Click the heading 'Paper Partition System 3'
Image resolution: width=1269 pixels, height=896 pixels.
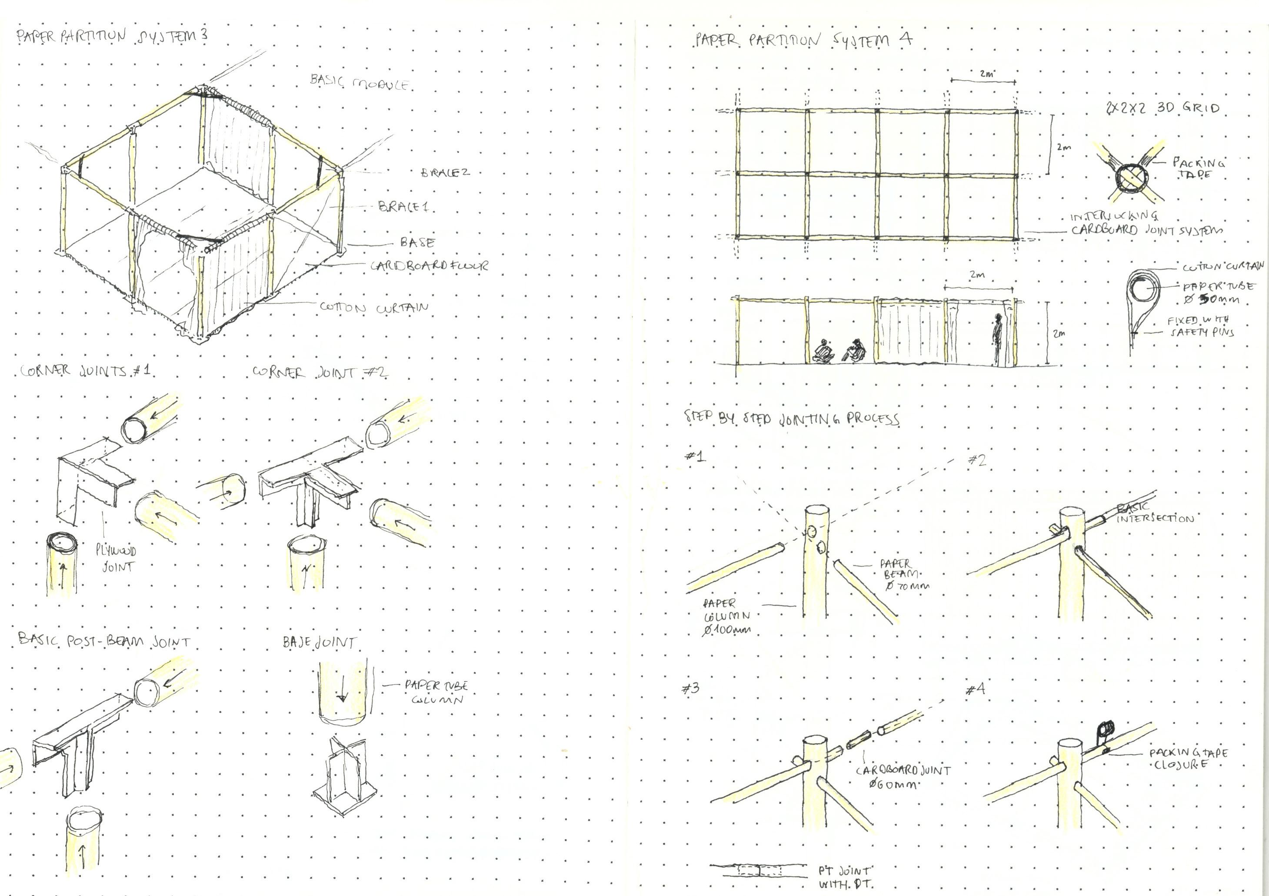[x=112, y=36]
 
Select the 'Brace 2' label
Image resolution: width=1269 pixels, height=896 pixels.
[x=445, y=173]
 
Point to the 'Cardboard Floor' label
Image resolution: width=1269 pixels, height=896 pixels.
[x=430, y=265]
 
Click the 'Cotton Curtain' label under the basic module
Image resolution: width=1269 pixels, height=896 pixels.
[x=374, y=308]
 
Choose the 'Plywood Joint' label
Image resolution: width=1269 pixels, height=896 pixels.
[x=116, y=558]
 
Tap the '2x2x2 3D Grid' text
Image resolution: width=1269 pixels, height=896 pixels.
[x=1162, y=108]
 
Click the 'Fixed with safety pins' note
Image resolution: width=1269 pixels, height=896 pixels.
[x=1200, y=326]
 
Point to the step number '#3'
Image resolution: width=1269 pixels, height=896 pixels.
[x=690, y=688]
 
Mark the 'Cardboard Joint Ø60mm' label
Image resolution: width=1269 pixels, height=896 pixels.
[x=903, y=777]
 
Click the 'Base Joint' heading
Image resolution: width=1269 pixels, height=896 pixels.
[x=319, y=642]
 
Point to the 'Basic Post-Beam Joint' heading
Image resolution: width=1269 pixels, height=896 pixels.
[x=104, y=641]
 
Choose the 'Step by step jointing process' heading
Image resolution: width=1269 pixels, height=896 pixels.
[x=792, y=418]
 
